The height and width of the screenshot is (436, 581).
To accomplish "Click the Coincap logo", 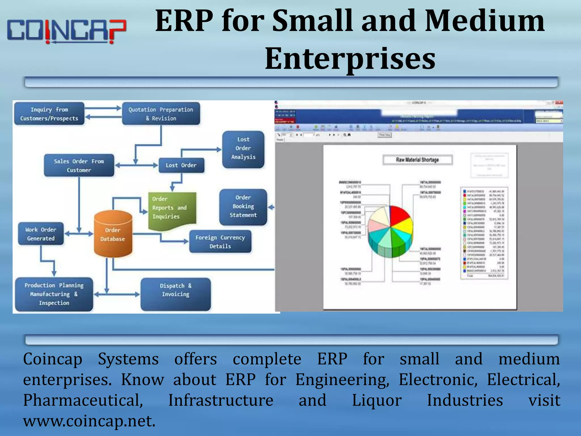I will tap(67, 31).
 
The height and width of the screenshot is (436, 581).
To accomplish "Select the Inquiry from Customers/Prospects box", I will tap(49, 114).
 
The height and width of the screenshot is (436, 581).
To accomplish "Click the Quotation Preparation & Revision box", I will tap(161, 114).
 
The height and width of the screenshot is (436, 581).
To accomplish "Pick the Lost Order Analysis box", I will tap(243, 149).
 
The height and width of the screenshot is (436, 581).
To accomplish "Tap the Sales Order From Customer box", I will tap(79, 165).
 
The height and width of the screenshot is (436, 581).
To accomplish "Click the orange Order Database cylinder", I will tap(113, 234).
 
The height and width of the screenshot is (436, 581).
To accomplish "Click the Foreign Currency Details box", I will tap(220, 242).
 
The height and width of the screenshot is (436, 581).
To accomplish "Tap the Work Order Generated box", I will tap(41, 234).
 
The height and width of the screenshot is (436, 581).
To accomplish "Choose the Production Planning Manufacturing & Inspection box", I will tap(54, 294).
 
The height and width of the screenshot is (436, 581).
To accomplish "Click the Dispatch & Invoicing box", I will tap(176, 294).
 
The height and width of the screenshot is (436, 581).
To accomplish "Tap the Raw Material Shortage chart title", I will tap(417, 160).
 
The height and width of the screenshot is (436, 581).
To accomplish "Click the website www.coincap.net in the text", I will tap(89, 421).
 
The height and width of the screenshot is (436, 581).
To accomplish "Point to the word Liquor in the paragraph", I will tap(376, 400).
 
